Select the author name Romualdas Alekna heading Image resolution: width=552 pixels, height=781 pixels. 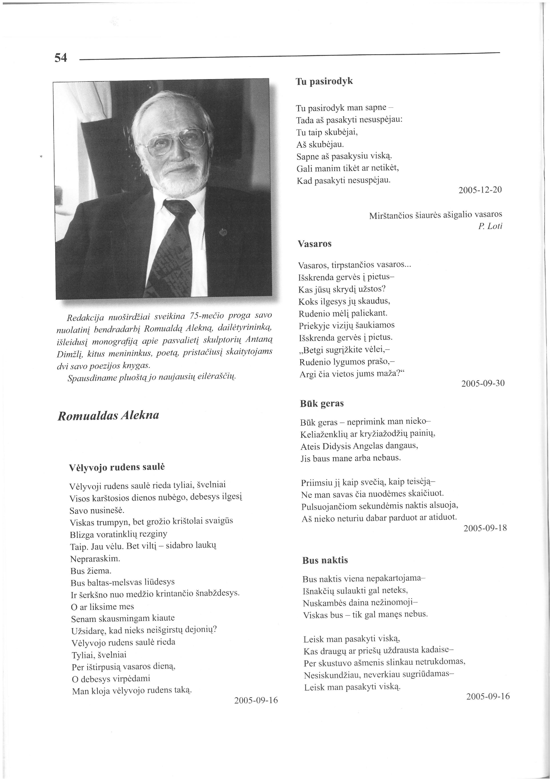coord(108,416)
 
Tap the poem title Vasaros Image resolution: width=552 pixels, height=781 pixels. coord(315,244)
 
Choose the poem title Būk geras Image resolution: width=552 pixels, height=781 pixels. coord(322,404)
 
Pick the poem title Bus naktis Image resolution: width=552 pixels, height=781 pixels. coord(325,560)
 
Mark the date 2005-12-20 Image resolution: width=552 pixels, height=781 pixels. coord(480,190)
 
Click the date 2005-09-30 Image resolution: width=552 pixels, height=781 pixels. coord(483,383)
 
